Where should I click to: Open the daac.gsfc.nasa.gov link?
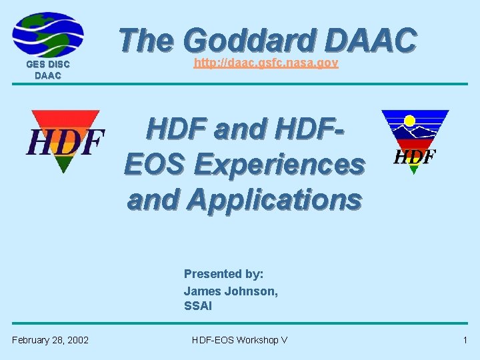266,63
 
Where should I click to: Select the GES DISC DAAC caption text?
48,70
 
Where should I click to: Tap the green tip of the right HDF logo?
414,169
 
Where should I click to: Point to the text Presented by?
223,274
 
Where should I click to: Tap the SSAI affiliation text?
198,306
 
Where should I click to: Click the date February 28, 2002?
50,340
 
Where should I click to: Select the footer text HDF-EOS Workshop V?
239,340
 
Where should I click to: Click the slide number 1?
465,340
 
